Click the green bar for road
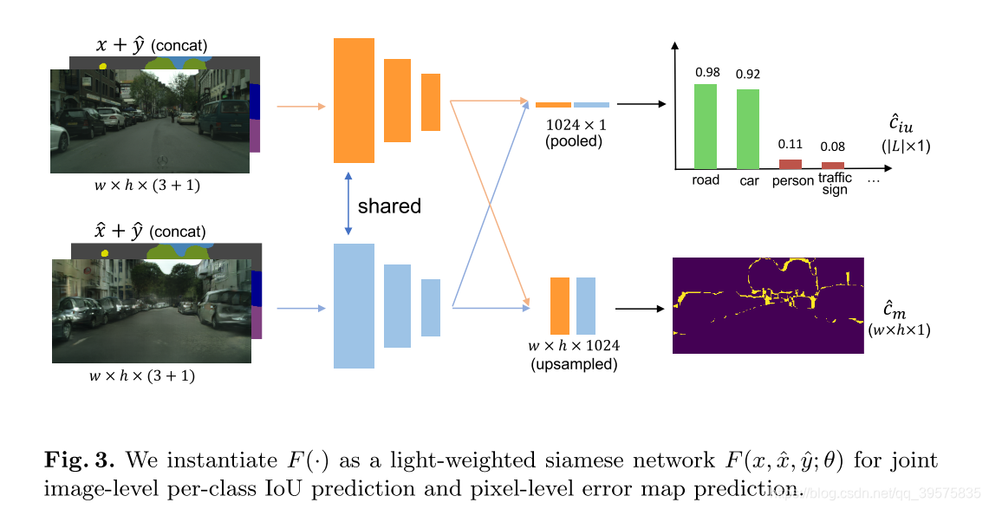point(706,126)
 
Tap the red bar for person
point(791,164)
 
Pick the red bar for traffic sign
point(833,165)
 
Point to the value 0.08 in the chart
point(833,147)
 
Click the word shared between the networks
point(389,206)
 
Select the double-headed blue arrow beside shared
point(348,204)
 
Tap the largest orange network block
point(354,100)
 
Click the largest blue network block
point(354,305)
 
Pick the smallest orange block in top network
point(431,102)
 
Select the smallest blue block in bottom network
point(431,307)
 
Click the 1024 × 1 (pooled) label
point(576,133)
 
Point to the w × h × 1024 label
point(574,346)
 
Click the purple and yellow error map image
point(768,305)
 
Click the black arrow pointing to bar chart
point(641,104)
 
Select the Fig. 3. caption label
point(78,460)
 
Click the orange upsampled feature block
point(560,306)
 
